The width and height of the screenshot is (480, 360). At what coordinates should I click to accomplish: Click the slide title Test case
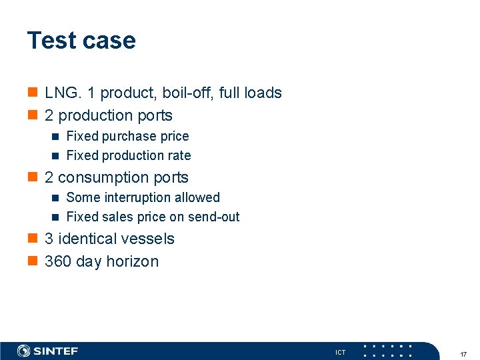[x=81, y=41]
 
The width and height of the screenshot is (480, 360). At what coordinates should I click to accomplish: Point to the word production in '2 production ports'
[x=99, y=115]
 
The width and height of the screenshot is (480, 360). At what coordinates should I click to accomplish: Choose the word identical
[x=93, y=239]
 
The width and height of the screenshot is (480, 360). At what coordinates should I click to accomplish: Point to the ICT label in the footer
[x=340, y=352]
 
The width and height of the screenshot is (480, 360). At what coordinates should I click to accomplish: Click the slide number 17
[x=463, y=353]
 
